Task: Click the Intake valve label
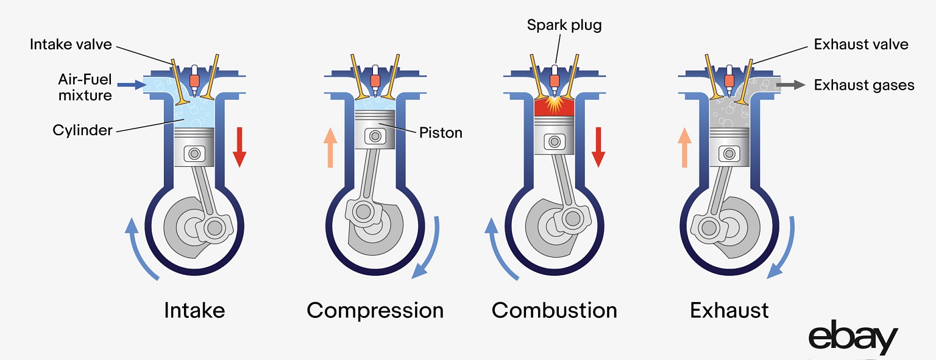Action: [71, 44]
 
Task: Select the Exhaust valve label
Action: [860, 44]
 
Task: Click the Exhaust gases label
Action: [863, 85]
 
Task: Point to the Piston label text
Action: [441, 132]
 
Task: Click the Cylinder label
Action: [82, 130]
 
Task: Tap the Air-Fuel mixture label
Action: [85, 87]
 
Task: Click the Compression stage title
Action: [375, 310]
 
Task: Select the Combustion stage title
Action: [554, 310]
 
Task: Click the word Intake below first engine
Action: [194, 310]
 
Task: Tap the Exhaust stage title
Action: [729, 310]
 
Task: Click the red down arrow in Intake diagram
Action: [239, 147]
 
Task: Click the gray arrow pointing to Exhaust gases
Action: [790, 85]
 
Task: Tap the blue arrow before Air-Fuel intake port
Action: [126, 85]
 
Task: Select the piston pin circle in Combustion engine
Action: [554, 142]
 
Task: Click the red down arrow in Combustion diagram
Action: [598, 147]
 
